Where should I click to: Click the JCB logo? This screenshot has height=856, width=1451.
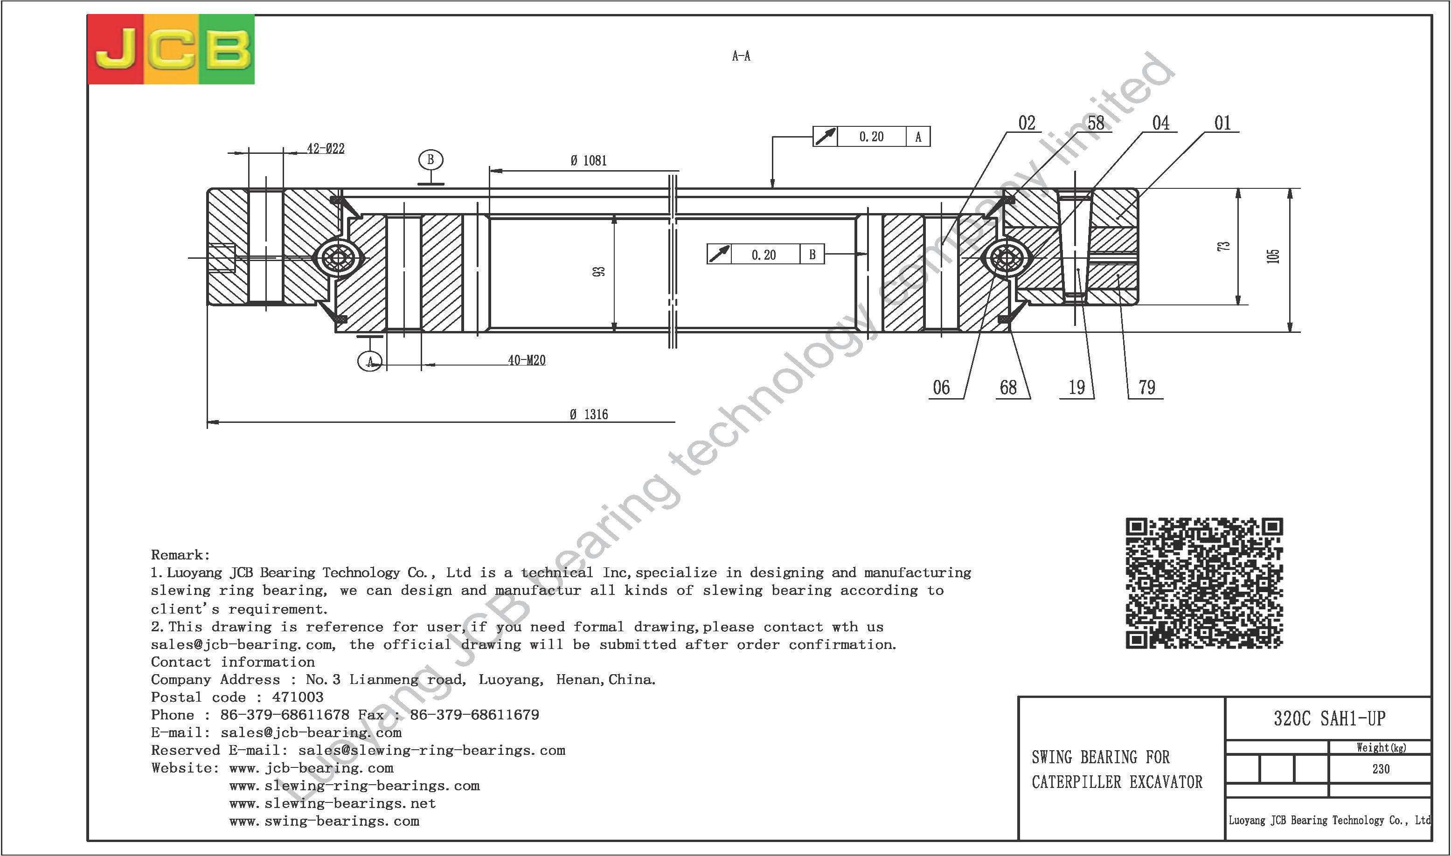(x=171, y=49)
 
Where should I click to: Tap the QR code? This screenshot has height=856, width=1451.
(x=1205, y=583)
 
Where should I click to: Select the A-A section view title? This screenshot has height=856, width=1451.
(x=742, y=56)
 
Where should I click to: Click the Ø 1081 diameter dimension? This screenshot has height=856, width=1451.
(x=589, y=160)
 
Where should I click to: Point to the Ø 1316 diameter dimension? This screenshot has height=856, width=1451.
(x=589, y=414)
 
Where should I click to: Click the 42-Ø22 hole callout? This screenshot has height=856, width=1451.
(x=326, y=148)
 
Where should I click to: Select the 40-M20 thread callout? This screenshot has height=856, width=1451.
(x=526, y=360)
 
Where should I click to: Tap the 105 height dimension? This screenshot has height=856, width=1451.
(x=1273, y=256)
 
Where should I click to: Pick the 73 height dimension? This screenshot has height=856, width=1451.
(x=1223, y=246)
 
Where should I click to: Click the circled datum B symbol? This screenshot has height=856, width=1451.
(x=430, y=160)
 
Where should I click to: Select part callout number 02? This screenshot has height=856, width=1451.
(x=1027, y=123)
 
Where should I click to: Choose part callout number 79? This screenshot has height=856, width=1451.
(x=1147, y=387)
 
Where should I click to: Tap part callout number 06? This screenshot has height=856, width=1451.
(x=942, y=387)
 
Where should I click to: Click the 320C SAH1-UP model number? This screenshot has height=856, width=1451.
(x=1330, y=718)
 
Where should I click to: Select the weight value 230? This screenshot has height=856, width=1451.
(x=1381, y=769)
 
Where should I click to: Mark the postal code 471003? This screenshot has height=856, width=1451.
(x=298, y=697)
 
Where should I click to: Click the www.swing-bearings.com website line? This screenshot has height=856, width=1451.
(x=324, y=821)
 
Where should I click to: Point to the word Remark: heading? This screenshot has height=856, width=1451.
(x=181, y=555)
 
